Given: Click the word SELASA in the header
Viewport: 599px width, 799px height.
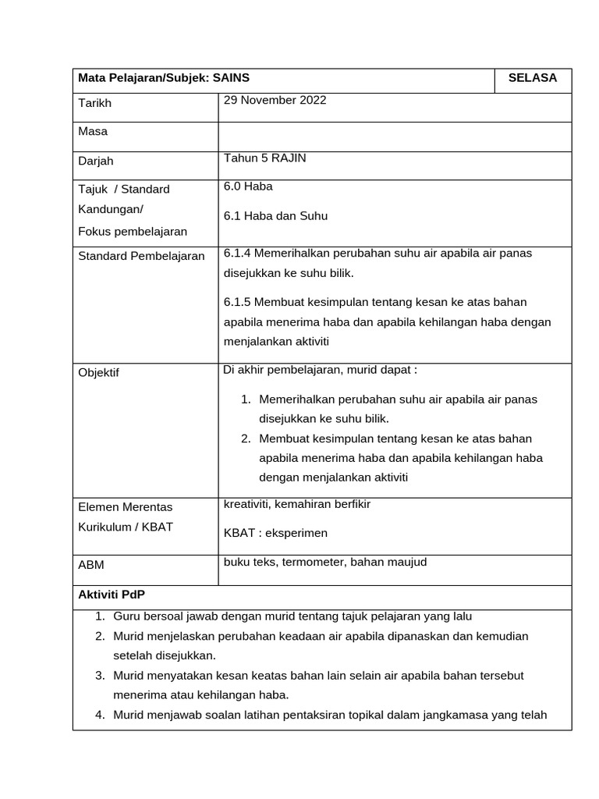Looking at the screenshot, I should coord(533,78).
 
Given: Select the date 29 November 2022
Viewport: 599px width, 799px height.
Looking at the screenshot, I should coord(275,100).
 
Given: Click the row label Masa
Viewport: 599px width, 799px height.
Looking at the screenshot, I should coord(93,132).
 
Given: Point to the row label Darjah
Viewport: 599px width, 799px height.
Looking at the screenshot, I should coord(96,161).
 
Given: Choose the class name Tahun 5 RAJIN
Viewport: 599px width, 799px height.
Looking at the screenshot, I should coord(264,158).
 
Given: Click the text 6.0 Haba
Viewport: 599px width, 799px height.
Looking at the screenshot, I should coord(248,186).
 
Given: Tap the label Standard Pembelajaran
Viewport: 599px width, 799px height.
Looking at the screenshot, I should coord(141,256).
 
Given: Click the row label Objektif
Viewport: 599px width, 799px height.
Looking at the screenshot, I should coord(99,373).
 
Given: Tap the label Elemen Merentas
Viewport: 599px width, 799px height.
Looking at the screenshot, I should coord(126,507).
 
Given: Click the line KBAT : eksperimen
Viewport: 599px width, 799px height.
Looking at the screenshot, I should coord(275,533).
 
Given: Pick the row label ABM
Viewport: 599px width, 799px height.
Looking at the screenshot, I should coord(90,565).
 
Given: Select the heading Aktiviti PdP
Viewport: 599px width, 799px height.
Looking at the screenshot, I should coord(112,595).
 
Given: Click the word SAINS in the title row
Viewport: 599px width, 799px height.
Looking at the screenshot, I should coord(232,78).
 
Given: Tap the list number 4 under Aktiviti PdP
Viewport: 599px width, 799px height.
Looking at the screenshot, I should coord(100,714).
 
